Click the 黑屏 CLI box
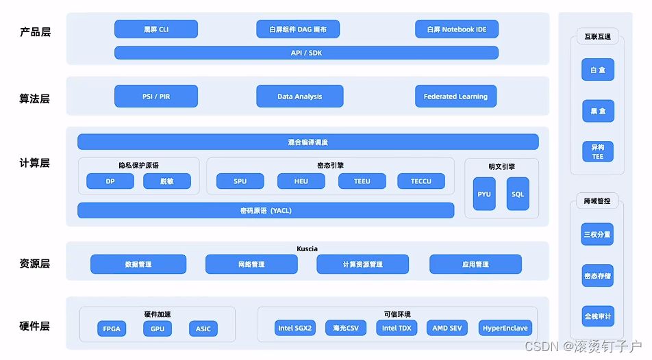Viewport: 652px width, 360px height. pyautogui.click(x=156, y=29)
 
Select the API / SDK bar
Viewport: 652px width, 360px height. pyautogui.click(x=306, y=53)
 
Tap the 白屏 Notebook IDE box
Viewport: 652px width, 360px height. pyautogui.click(x=456, y=29)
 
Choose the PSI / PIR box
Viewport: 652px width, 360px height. pyautogui.click(x=156, y=97)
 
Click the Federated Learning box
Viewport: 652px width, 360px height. pyautogui.click(x=455, y=97)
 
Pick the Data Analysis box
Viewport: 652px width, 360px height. pyautogui.click(x=299, y=97)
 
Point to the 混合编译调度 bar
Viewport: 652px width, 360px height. pyautogui.click(x=308, y=142)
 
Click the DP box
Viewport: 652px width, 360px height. pyautogui.click(x=110, y=181)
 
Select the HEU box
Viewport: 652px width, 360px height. pyautogui.click(x=301, y=181)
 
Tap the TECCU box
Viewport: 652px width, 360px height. pyautogui.click(x=421, y=181)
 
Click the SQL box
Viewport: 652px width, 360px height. pyautogui.click(x=518, y=194)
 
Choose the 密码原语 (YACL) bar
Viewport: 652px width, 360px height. pyautogui.click(x=266, y=210)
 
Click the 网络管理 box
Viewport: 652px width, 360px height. pyautogui.click(x=251, y=264)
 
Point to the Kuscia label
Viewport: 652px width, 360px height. pyautogui.click(x=307, y=248)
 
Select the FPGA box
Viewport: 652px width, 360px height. pyautogui.click(x=112, y=329)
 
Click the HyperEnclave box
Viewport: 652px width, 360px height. pyautogui.click(x=505, y=328)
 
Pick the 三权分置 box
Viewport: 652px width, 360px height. pyautogui.click(x=597, y=234)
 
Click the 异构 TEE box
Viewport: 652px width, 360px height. pyautogui.click(x=597, y=152)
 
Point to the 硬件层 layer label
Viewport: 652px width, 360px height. pyautogui.click(x=35, y=326)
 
